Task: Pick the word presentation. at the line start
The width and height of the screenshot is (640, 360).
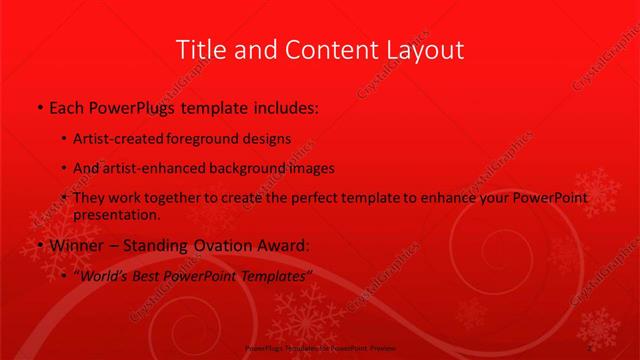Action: tap(116, 215)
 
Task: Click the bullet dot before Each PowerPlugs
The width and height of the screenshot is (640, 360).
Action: tap(39, 105)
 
